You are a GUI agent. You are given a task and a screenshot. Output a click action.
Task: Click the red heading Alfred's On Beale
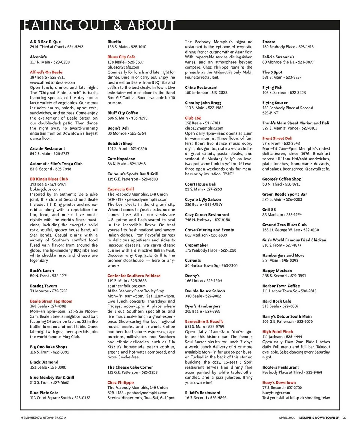(x=46, y=72)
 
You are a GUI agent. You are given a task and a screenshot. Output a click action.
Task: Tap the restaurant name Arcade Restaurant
(x=47, y=149)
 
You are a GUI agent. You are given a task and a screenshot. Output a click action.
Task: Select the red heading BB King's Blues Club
(x=49, y=179)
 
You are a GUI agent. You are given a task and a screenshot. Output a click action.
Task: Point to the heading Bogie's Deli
(x=118, y=128)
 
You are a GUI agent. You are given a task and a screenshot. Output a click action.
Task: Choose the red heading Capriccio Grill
(x=120, y=189)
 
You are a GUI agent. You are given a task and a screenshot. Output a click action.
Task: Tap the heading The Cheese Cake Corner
(x=130, y=367)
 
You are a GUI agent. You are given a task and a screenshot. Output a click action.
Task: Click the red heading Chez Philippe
(x=120, y=383)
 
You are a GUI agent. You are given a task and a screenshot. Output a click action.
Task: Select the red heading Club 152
(x=193, y=118)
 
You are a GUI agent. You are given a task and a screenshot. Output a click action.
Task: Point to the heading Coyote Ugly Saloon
(x=203, y=199)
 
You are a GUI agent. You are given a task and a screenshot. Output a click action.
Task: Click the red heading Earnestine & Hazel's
(x=204, y=322)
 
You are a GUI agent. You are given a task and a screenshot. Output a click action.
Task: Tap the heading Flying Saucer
(x=275, y=103)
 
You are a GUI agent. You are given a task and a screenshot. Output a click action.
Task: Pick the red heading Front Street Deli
(x=277, y=138)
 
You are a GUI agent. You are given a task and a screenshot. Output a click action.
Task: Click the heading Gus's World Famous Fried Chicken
(x=294, y=240)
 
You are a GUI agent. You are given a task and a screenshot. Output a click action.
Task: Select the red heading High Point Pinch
(x=278, y=332)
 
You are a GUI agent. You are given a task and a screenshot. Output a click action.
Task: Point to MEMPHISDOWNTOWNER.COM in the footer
(x=43, y=418)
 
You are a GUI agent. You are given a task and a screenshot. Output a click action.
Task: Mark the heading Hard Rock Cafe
(x=277, y=301)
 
